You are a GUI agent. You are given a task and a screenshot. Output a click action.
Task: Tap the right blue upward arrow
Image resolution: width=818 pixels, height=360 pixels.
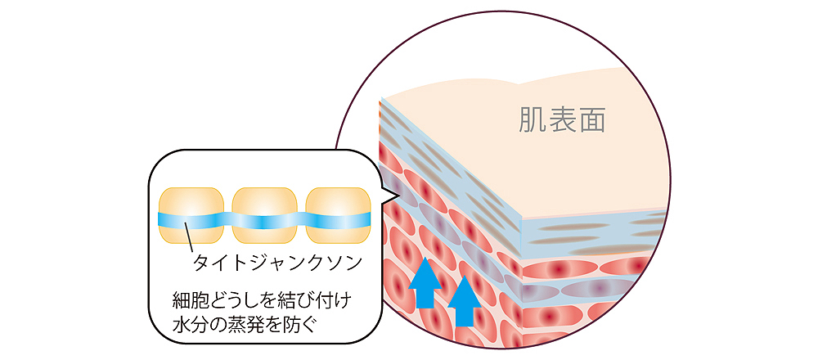pyautogui.click(x=465, y=300)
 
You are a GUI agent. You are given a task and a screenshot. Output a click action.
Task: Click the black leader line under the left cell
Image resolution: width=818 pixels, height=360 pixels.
pyautogui.click(x=189, y=239)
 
